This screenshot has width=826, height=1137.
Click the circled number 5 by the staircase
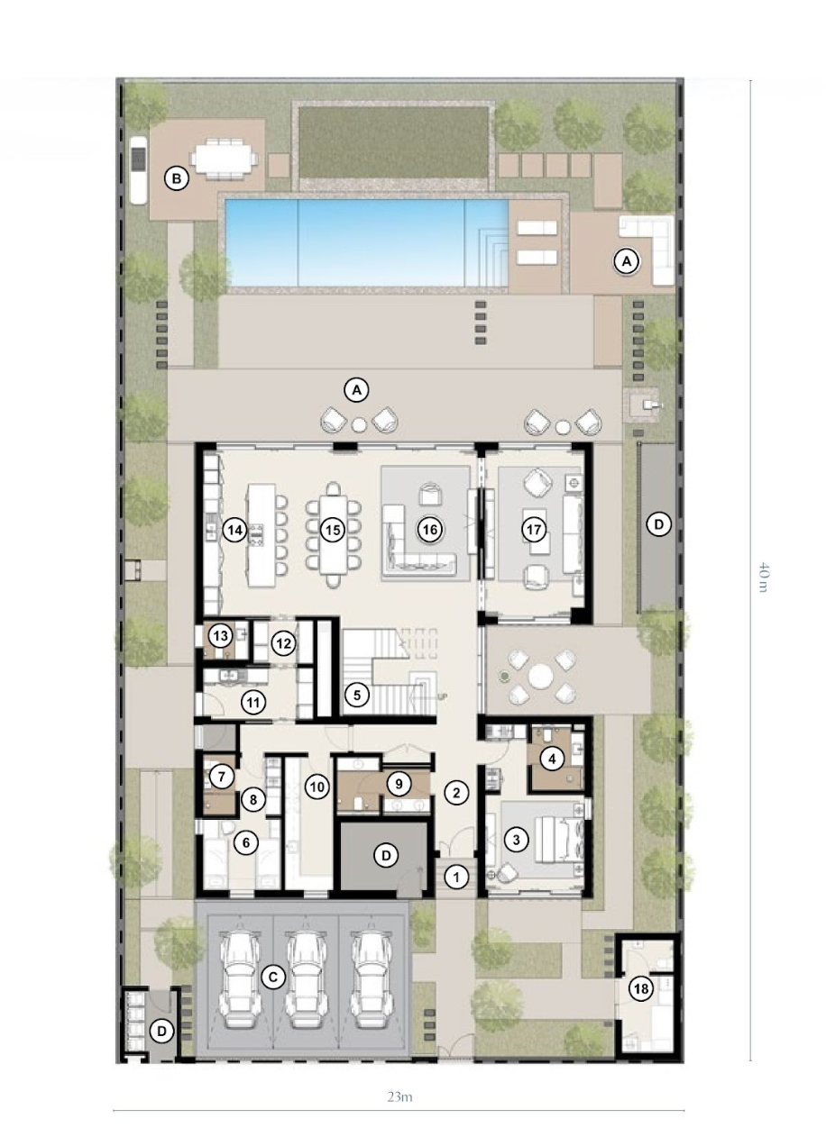click(356, 695)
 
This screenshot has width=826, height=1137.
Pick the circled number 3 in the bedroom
click(516, 839)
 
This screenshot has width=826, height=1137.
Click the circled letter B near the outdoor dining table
click(177, 178)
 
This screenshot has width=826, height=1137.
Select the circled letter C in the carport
click(273, 978)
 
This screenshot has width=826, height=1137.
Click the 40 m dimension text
click(763, 577)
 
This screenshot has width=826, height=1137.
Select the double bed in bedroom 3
click(560, 839)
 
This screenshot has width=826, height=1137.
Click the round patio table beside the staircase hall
click(540, 676)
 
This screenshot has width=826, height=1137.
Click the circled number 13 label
click(220, 636)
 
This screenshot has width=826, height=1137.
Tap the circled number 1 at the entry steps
click(456, 878)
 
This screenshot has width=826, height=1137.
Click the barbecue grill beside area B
click(138, 169)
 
